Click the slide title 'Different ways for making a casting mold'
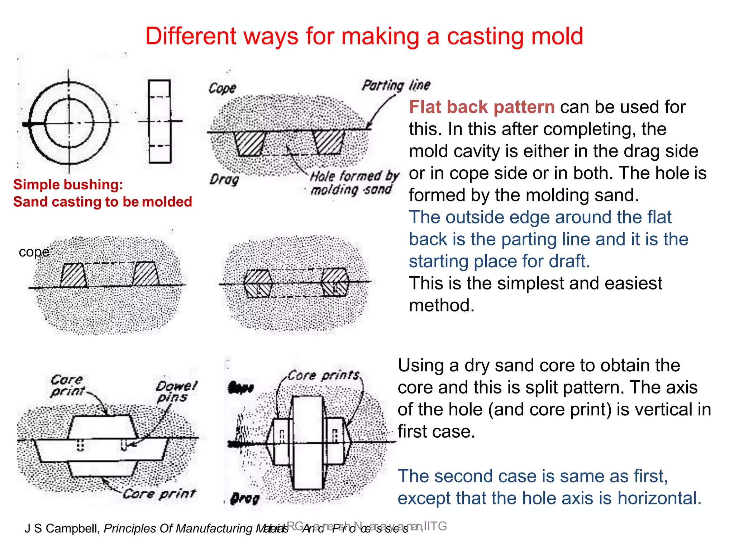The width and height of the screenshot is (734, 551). [x=364, y=36]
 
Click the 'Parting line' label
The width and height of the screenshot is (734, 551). [x=396, y=85]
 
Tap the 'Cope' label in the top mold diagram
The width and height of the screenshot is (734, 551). [x=222, y=88]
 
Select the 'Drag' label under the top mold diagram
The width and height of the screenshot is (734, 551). [x=224, y=179]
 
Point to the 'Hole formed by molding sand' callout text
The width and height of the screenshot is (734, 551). [x=353, y=183]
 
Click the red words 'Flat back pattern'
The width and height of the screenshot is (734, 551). [x=482, y=107]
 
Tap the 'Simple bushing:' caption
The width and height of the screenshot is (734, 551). [x=68, y=185]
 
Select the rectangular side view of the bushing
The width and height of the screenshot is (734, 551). [x=159, y=121]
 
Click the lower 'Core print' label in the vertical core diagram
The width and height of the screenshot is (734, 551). [x=159, y=494]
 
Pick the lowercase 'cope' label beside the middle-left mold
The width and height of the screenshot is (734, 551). [x=34, y=252]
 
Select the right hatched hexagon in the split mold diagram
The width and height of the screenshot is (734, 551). [x=335, y=283]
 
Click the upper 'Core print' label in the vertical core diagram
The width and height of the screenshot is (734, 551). [x=67, y=385]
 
